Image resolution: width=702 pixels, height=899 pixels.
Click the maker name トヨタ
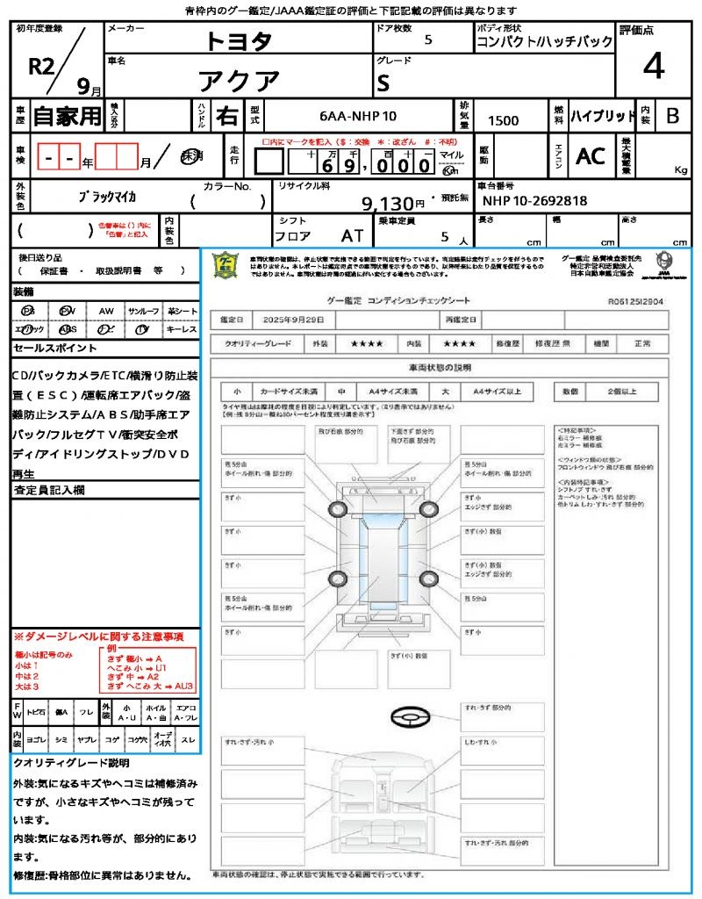click(x=239, y=40)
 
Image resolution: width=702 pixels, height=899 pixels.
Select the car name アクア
click(x=239, y=81)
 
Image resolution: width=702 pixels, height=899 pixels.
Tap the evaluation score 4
click(x=652, y=66)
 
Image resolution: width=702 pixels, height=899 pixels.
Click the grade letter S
click(x=383, y=83)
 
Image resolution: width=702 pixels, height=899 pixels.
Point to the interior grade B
click(x=671, y=116)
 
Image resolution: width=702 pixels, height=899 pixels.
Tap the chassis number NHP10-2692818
click(x=534, y=201)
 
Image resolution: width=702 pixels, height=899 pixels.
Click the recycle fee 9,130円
click(x=394, y=204)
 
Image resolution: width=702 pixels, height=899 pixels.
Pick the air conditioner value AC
click(x=591, y=156)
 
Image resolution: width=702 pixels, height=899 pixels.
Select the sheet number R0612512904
click(x=635, y=300)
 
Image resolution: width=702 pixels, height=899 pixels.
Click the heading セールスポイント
click(x=50, y=349)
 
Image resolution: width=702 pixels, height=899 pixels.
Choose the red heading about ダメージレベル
click(x=98, y=636)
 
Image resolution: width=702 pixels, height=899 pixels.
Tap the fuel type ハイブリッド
click(x=603, y=116)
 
